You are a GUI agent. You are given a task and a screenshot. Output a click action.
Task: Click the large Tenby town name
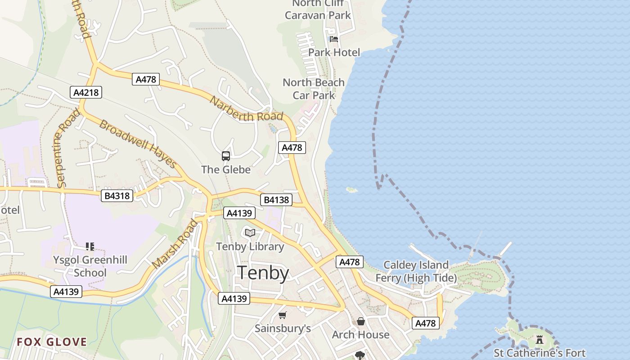(x=263, y=273)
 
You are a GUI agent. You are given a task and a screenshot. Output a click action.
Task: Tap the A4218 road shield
(x=86, y=93)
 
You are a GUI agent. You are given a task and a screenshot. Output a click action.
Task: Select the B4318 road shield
(x=117, y=196)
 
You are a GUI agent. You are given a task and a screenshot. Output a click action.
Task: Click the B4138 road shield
(x=276, y=200)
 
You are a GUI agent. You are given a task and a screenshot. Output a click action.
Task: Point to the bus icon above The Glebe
(x=226, y=156)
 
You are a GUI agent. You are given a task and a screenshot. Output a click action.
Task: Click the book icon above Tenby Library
(x=250, y=233)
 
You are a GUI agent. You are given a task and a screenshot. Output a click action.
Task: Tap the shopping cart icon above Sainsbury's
(x=282, y=315)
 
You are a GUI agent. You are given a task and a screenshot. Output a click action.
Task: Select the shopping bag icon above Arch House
(x=360, y=321)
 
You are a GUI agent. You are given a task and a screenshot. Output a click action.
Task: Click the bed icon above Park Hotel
(x=334, y=39)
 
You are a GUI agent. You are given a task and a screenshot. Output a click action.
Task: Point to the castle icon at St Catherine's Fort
(x=539, y=339)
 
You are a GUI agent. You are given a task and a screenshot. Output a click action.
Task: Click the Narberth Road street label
(x=246, y=109)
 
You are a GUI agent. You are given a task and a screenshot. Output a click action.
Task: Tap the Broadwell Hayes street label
(x=137, y=144)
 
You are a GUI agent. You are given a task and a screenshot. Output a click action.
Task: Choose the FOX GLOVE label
(x=52, y=342)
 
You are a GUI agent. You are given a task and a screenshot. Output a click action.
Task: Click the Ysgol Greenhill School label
(x=90, y=266)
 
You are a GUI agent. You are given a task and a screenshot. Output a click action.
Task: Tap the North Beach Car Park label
(x=314, y=89)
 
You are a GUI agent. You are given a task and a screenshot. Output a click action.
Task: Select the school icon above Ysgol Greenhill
(x=90, y=247)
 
